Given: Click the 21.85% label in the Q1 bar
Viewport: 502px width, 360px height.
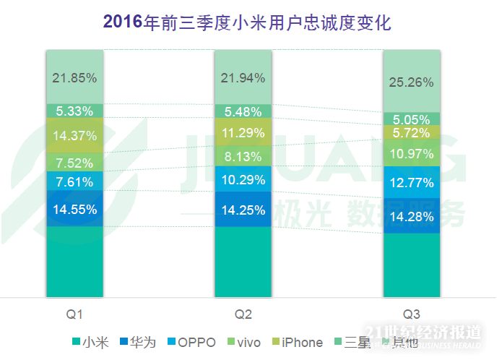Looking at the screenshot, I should (x=74, y=77).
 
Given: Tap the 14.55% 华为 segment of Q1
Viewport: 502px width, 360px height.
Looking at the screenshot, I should (x=74, y=209).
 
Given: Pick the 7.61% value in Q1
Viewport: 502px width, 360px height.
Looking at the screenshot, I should (x=74, y=182).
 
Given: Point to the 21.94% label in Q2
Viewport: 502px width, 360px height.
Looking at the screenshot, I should (x=243, y=77).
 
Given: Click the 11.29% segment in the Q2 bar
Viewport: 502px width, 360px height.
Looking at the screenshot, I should (x=243, y=132).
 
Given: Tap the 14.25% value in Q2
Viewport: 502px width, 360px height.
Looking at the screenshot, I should (x=243, y=210).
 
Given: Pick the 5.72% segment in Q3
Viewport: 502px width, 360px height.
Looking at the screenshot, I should (x=411, y=132).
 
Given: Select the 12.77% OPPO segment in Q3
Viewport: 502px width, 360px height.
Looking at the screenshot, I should (x=411, y=182).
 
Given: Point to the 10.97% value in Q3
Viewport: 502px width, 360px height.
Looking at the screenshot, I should (x=411, y=153).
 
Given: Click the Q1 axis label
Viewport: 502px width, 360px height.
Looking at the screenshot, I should (x=74, y=314).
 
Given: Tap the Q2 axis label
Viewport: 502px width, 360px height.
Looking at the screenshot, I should (x=243, y=314).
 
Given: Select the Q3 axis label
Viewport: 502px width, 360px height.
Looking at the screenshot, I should (x=411, y=314).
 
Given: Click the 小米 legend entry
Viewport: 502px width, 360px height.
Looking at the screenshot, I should (x=90, y=342).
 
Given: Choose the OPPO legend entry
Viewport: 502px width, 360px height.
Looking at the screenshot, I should (x=191, y=342).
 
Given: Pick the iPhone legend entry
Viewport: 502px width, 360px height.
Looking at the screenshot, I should (x=296, y=342).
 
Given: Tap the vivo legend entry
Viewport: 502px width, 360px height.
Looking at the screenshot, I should (x=243, y=342).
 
